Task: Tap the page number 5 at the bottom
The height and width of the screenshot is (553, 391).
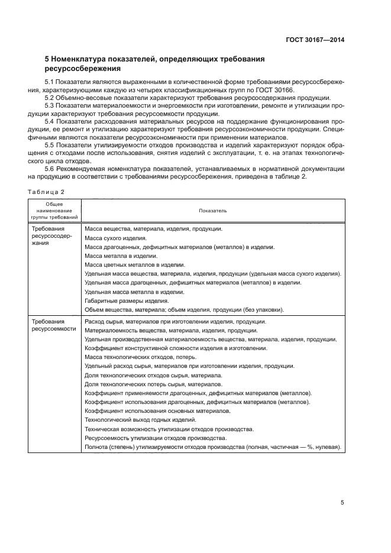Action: tap(342, 503)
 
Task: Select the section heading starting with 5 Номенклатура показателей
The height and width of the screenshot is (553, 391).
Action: tap(154, 63)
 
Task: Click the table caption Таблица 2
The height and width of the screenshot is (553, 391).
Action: tap(45, 191)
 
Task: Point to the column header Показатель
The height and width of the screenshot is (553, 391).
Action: tap(212, 210)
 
